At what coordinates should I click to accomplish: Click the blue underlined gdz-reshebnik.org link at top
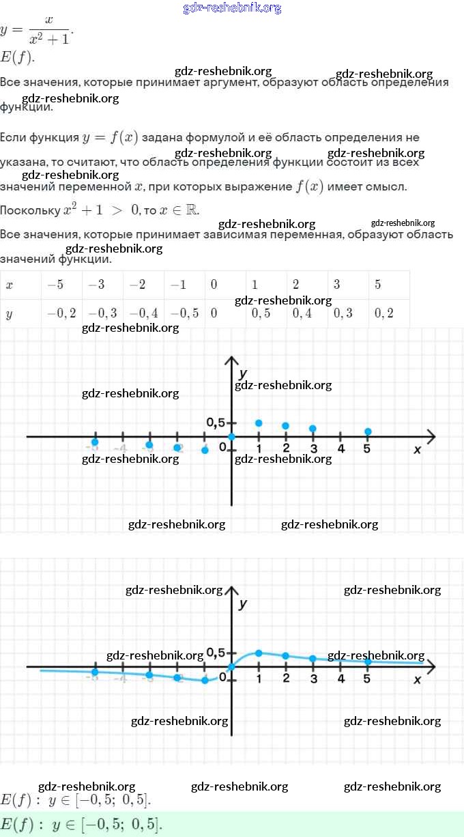point(232,8)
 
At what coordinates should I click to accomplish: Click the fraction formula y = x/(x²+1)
point(37,30)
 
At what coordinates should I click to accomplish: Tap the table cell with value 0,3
point(343,313)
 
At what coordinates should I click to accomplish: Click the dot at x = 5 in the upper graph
point(368,431)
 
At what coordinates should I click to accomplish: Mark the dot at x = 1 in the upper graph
point(259,423)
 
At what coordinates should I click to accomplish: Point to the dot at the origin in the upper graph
point(232,437)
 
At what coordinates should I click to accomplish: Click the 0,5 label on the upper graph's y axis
point(215,423)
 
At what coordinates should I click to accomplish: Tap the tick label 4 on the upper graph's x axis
point(340,449)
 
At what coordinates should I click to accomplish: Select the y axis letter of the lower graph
point(243,604)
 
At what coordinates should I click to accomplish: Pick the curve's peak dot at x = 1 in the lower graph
point(259,653)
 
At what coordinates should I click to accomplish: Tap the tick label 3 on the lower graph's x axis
point(313,679)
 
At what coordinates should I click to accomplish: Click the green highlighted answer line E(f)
point(82,824)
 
